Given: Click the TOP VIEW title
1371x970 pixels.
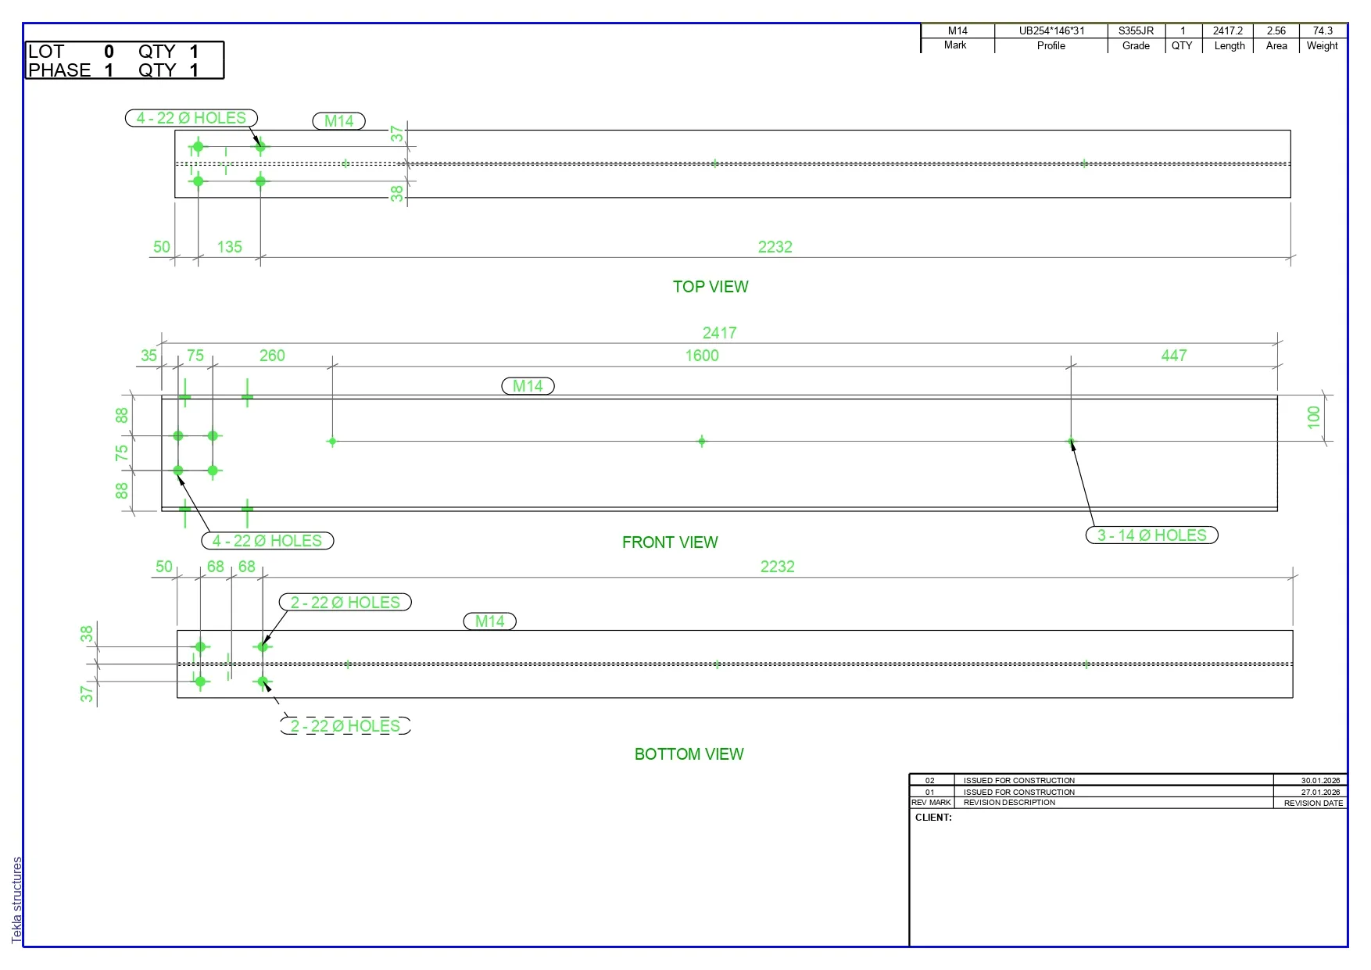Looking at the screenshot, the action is [x=711, y=287].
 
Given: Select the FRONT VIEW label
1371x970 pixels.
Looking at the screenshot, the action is [x=670, y=542].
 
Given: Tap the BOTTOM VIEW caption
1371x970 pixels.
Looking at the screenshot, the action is [x=689, y=754].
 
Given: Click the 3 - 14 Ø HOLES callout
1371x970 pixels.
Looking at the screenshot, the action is [x=1152, y=535].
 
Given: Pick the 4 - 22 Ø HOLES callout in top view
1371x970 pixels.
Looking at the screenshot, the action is [x=192, y=118].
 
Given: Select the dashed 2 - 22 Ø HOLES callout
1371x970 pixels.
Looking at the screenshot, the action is [x=345, y=726].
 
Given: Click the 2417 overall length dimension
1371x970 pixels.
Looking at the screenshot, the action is [x=719, y=333].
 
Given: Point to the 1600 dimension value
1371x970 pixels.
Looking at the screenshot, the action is [x=702, y=356].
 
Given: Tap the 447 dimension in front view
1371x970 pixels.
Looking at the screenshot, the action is [x=1174, y=356].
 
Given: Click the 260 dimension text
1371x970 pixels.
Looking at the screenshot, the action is [x=272, y=356].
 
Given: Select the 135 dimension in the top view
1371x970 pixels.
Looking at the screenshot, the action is [x=229, y=247].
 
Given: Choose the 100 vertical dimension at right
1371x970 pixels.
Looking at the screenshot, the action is [x=1314, y=417].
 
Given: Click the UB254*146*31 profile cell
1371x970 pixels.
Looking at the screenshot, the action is [x=1051, y=31].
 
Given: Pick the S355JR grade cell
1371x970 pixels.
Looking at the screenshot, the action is [x=1136, y=31].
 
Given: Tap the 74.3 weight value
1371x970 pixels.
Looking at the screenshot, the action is [x=1323, y=31].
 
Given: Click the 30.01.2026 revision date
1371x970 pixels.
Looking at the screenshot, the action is [x=1320, y=780].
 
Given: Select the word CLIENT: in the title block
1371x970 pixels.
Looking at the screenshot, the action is [x=933, y=818].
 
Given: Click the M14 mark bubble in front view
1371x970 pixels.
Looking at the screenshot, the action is [x=528, y=386].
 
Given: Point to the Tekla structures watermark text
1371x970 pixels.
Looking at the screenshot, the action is [x=17, y=900].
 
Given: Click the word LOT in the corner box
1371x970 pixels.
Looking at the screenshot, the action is [x=46, y=52].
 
